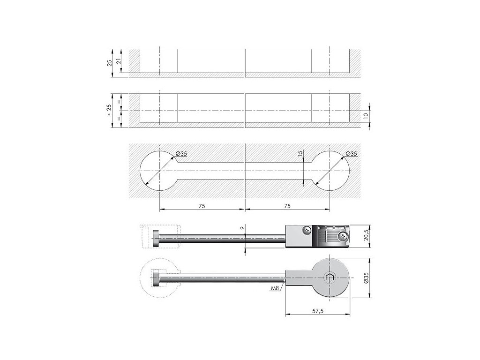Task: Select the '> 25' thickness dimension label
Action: (x=109, y=111)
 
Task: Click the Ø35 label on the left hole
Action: (x=181, y=153)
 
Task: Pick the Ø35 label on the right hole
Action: (x=351, y=153)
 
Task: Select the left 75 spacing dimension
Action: (x=202, y=206)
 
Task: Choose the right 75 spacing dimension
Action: (x=287, y=206)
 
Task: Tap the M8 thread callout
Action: (x=275, y=289)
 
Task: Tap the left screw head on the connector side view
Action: (x=306, y=230)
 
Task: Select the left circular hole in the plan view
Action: (x=159, y=171)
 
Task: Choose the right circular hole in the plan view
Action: (x=330, y=171)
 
